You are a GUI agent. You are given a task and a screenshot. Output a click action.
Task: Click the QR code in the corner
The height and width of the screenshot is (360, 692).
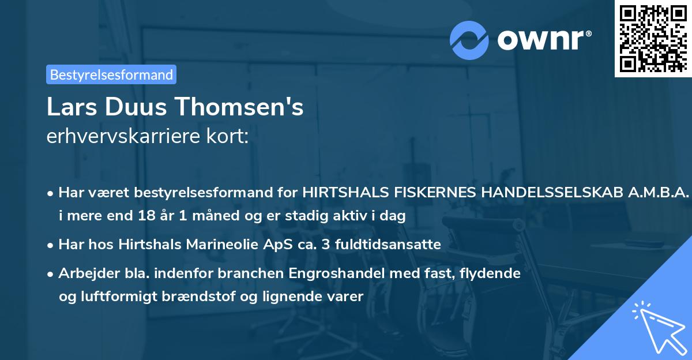point(653,38)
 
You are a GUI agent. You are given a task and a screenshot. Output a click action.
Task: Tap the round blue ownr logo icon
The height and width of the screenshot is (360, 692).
point(469,39)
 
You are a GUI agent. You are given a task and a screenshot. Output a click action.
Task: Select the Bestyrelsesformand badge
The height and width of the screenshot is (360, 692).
point(111,74)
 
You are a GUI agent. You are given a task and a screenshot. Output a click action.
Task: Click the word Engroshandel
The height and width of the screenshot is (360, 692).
point(327,273)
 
